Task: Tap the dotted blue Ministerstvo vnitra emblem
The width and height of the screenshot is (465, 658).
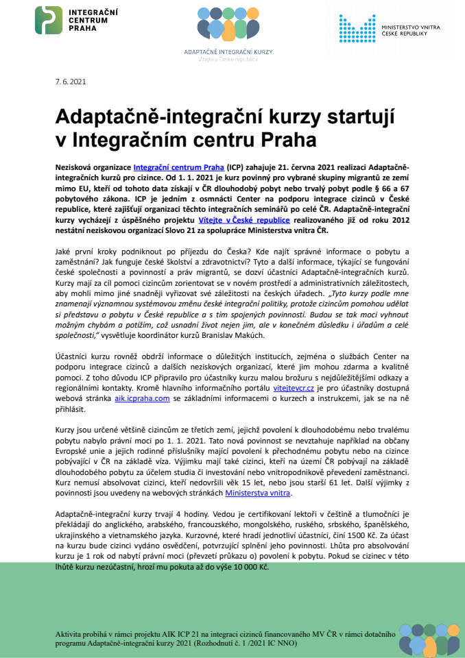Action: (357, 28)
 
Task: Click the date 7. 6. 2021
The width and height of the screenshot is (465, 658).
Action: (71, 82)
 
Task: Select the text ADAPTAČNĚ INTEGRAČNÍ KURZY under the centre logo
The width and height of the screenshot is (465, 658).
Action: (228, 52)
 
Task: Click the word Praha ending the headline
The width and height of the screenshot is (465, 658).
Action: (287, 141)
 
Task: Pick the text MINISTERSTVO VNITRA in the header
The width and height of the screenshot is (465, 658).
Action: (411, 26)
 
